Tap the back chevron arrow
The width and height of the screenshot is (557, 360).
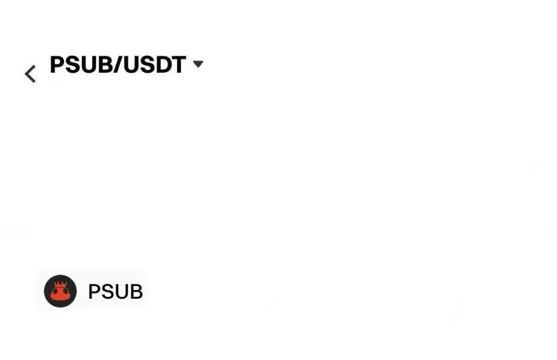(x=30, y=73)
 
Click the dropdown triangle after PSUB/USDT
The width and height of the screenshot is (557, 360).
(x=198, y=64)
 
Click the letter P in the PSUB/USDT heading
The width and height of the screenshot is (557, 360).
(x=57, y=65)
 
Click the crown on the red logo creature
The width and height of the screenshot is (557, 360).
(x=61, y=285)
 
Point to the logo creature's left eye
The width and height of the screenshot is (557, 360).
(x=55, y=291)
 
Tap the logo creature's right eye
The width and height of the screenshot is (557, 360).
(x=66, y=291)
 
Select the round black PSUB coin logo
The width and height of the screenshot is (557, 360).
(x=61, y=291)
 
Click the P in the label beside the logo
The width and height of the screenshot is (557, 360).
(x=94, y=292)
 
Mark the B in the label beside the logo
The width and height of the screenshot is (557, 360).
(x=135, y=292)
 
